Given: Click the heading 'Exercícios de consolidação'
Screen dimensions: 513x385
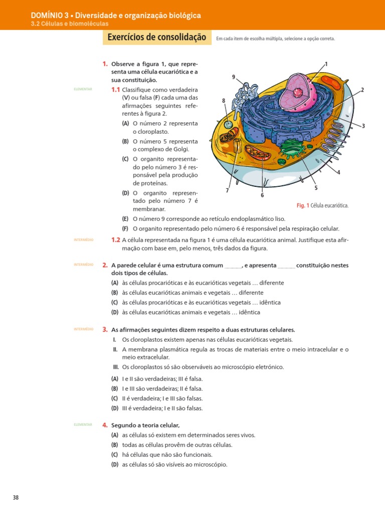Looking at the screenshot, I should click(x=157, y=37).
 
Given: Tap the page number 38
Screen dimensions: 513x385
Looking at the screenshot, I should click(x=16, y=497).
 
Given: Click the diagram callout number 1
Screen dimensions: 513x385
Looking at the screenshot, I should click(x=326, y=64).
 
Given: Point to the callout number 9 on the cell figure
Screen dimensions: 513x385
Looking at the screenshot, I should click(x=234, y=77).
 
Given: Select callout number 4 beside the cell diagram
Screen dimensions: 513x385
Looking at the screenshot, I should click(x=339, y=172).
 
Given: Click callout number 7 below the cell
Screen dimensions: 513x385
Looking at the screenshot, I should click(x=227, y=190).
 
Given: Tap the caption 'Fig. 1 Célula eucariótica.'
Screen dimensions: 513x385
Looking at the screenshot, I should click(x=322, y=205).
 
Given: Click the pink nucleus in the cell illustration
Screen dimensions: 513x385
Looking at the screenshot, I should click(x=299, y=93).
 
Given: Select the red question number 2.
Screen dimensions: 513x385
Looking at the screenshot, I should click(x=105, y=265).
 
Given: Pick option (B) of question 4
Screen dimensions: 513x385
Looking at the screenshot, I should click(x=115, y=445).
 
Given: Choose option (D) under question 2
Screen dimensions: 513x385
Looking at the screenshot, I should click(x=115, y=312).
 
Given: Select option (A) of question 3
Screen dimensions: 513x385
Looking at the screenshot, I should click(x=115, y=379).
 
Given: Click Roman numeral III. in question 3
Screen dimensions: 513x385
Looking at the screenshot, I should click(x=115, y=367).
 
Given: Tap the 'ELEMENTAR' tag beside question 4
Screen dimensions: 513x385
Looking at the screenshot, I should click(x=83, y=424).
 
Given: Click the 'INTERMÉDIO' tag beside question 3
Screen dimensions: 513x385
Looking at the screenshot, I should click(x=83, y=329).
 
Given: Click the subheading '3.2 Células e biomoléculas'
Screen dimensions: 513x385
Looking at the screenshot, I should click(x=69, y=24).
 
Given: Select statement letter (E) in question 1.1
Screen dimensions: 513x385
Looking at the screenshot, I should click(x=125, y=219).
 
